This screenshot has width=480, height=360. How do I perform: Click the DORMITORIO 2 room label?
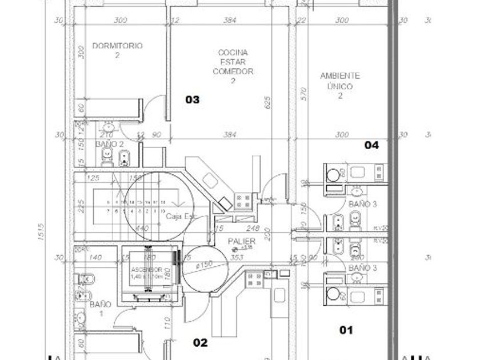point(117,50)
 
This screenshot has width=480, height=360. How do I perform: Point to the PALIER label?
point(241,241)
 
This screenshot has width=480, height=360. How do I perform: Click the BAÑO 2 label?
point(110,145)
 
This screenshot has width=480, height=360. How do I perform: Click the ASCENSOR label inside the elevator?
point(142,269)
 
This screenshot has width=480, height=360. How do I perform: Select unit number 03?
point(193,100)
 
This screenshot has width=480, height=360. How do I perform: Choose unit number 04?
point(371,145)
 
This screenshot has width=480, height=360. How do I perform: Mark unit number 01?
point(346,330)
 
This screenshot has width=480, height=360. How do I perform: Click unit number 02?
point(200,343)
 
